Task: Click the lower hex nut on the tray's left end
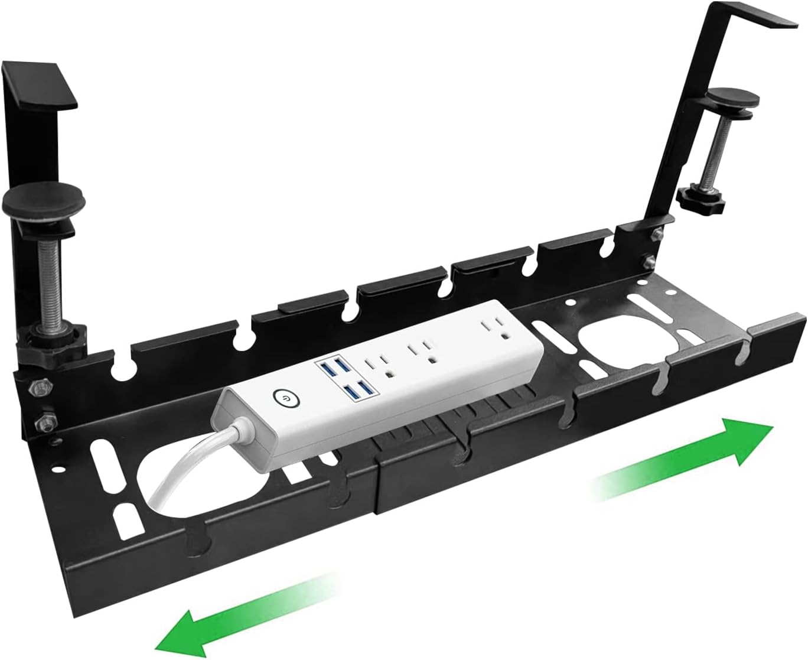click(42, 422)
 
